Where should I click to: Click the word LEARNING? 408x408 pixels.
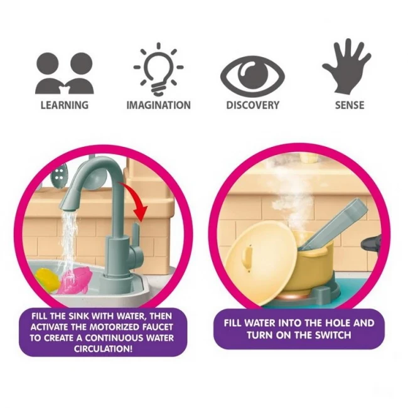click(x=65, y=105)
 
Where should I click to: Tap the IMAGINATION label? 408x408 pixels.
click(x=158, y=105)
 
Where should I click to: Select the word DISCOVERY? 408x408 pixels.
click(x=253, y=105)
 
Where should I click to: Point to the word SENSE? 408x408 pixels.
click(x=350, y=105)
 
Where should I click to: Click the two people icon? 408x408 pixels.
click(x=65, y=73)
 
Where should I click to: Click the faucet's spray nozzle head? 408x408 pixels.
click(x=71, y=198)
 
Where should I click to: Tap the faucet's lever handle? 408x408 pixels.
click(x=136, y=233)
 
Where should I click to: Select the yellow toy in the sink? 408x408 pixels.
click(x=47, y=281)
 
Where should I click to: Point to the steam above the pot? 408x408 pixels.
click(x=291, y=195)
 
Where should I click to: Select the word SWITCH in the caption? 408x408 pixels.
click(x=333, y=335)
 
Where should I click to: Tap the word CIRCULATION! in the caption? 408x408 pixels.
click(x=104, y=348)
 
